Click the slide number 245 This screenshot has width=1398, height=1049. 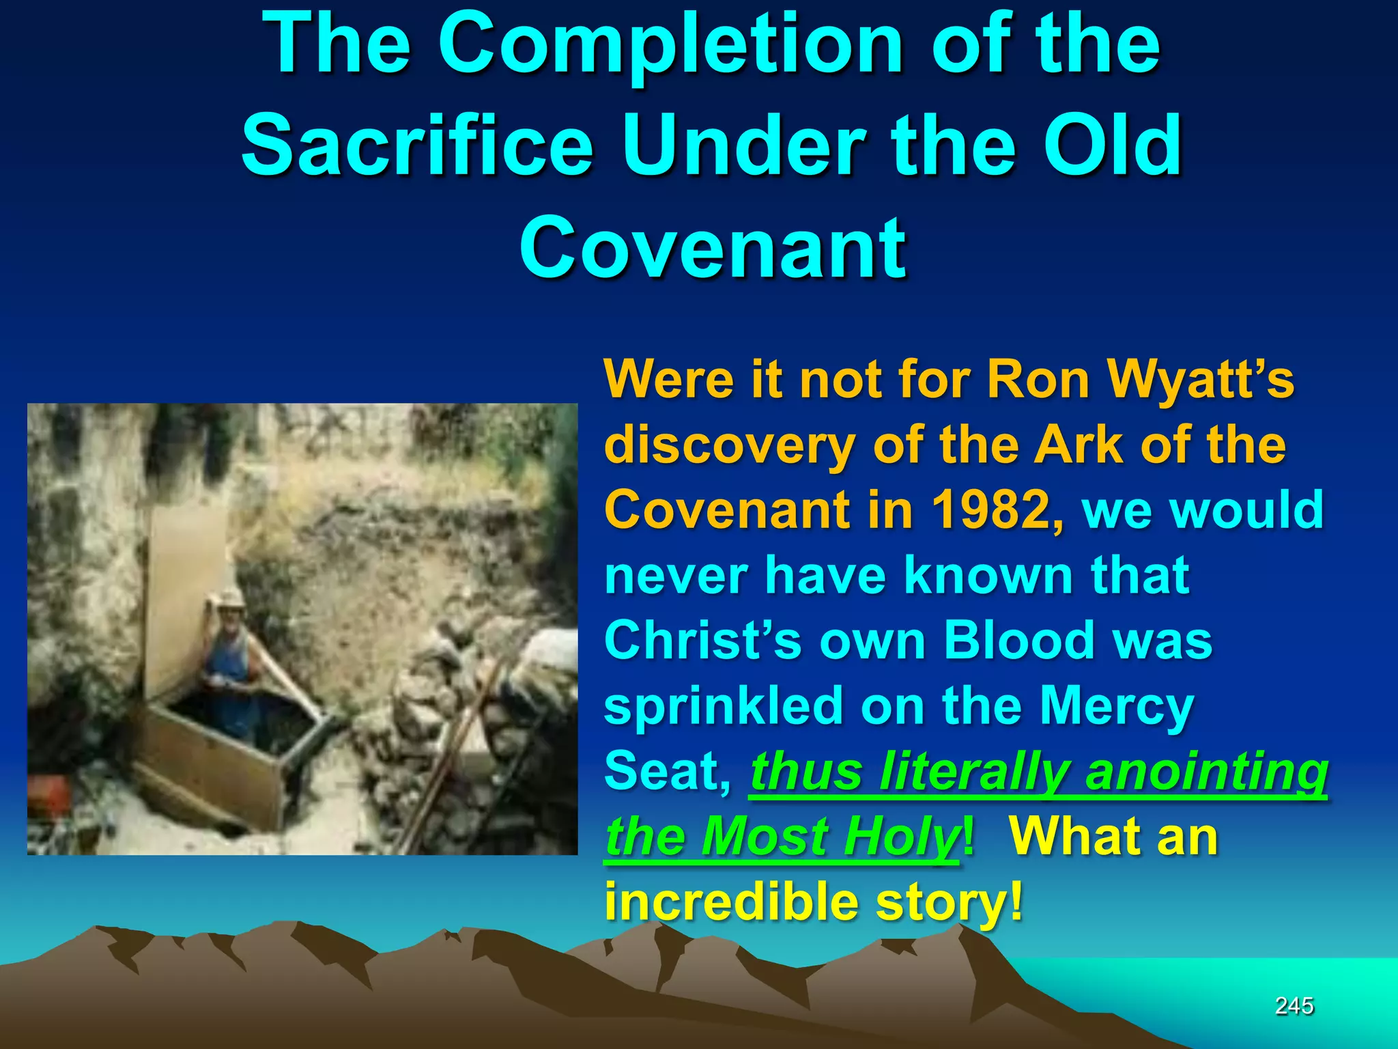tap(1294, 1006)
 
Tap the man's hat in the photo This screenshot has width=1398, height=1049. tap(229, 600)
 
